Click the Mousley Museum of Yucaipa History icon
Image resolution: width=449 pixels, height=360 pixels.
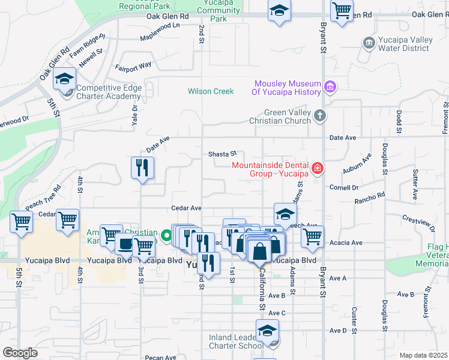[329, 88]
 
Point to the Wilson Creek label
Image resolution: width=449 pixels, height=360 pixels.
[210, 92]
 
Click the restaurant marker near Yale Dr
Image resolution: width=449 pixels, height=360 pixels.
[142, 168]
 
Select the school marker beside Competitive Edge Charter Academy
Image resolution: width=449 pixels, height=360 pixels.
[64, 79]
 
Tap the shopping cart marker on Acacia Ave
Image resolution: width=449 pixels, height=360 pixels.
[312, 237]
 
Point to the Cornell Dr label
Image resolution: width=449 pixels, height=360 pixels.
[343, 187]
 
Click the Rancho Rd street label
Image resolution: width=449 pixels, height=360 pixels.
[373, 196]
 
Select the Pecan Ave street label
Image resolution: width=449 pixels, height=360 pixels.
[160, 358]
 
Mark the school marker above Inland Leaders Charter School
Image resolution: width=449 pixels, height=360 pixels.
[267, 331]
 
